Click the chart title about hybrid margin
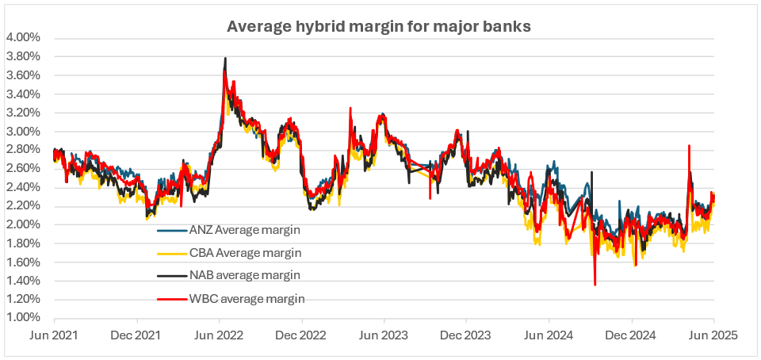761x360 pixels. (379, 26)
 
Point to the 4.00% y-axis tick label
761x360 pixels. (23, 38)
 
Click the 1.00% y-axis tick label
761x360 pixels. (23, 317)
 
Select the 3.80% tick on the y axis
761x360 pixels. (23, 56)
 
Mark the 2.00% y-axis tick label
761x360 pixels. (23, 224)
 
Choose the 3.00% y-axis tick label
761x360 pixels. (23, 131)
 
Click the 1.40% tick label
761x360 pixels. (23, 281)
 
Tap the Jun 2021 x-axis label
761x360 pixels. (54, 335)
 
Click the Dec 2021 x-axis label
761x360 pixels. (137, 335)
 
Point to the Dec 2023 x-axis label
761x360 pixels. (466, 335)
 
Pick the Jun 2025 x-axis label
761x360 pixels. (713, 335)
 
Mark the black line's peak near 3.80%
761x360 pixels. (225, 58)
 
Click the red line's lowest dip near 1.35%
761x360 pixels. (595, 285)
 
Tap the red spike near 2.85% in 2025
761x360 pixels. (689, 146)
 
